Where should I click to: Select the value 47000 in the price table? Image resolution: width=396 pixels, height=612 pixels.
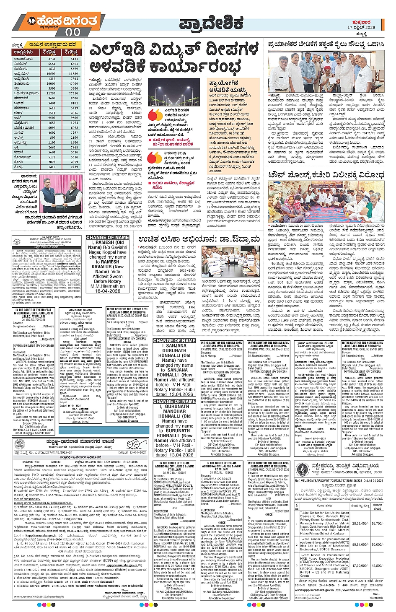[74, 83]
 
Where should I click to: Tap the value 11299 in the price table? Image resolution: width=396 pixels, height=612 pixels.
[52, 93]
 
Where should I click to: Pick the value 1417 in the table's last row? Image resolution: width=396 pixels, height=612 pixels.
[52, 167]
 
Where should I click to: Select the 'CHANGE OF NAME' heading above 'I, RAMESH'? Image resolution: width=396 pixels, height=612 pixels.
[108, 237]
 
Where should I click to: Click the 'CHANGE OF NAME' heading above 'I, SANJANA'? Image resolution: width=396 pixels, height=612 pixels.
[174, 341]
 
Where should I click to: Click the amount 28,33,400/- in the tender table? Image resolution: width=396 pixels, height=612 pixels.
[360, 523]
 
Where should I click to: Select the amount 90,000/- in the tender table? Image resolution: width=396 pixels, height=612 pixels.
[377, 544]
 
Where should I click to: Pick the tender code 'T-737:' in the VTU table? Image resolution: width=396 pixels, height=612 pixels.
[305, 555]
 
